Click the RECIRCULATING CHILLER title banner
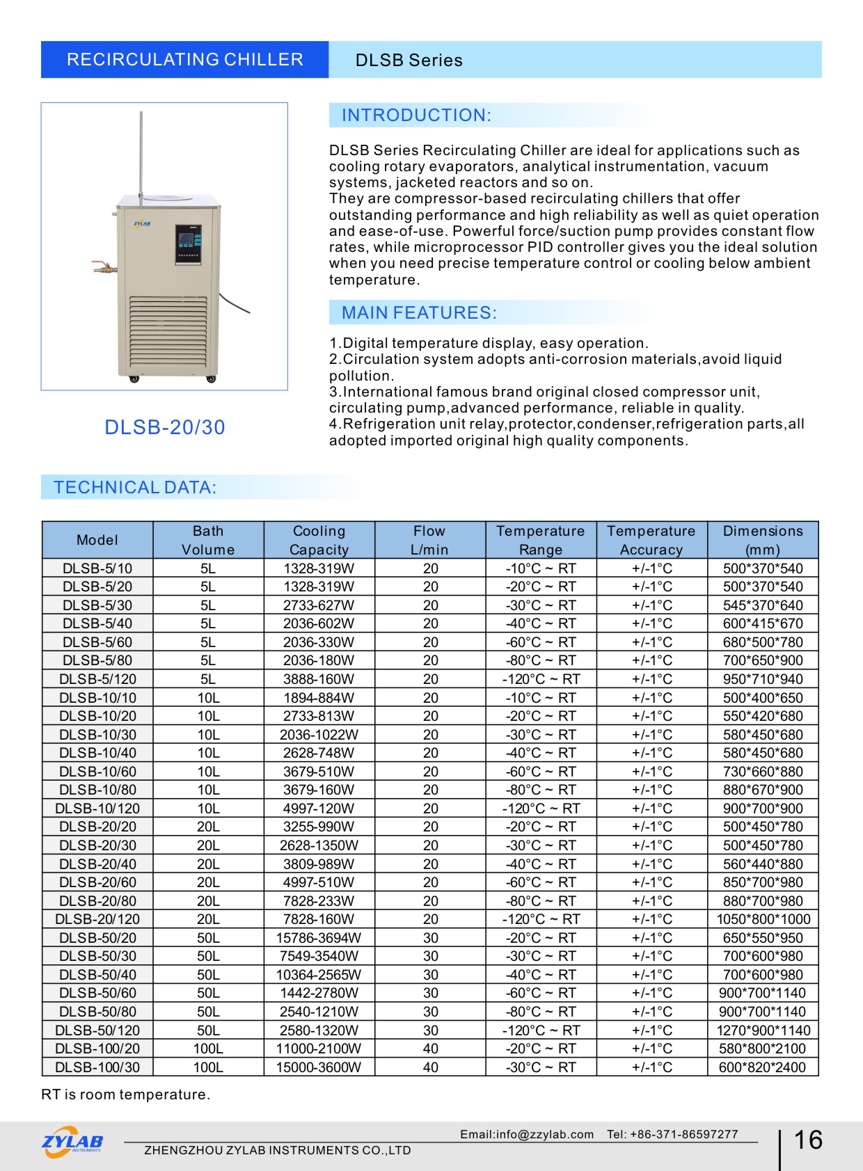[184, 60]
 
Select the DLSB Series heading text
[409, 61]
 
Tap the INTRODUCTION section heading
[416, 115]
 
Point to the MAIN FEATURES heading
[419, 313]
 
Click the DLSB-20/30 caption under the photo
[165, 427]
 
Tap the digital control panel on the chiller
[188, 244]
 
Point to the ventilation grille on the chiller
[169, 334]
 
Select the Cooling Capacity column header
[319, 540]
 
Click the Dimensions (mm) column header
[763, 540]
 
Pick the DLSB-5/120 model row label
[97, 679]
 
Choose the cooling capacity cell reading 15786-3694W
[319, 938]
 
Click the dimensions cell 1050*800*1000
[763, 919]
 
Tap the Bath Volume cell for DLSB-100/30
[208, 1067]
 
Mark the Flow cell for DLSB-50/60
[431, 993]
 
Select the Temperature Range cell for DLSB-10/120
[541, 808]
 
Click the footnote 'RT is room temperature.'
[125, 1094]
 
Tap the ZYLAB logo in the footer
[72, 1142]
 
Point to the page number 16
[808, 1140]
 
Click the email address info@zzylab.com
[527, 1134]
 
